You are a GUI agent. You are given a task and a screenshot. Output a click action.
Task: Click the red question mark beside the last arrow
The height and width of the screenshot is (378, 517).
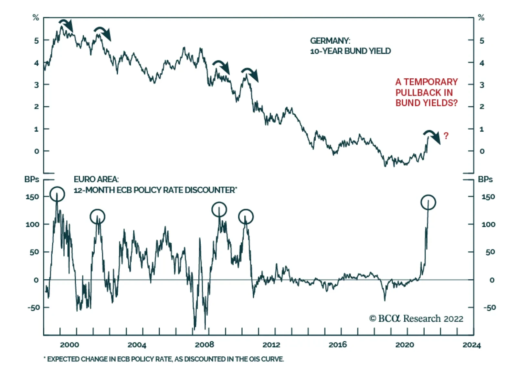(446, 136)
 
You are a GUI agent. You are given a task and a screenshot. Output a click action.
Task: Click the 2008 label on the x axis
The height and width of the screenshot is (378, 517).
(204, 345)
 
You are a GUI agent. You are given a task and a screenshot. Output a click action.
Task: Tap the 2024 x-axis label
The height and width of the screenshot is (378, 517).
(471, 345)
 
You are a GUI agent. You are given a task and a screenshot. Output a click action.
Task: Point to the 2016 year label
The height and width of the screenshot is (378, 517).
(338, 345)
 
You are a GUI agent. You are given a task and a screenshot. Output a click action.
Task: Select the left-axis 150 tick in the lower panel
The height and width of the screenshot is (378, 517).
(32, 197)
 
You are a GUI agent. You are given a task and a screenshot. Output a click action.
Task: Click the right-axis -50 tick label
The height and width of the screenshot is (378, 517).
(489, 307)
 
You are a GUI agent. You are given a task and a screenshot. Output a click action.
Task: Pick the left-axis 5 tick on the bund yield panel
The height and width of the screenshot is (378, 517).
(37, 41)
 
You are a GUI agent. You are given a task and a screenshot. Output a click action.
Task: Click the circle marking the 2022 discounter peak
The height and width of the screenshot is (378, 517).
(428, 202)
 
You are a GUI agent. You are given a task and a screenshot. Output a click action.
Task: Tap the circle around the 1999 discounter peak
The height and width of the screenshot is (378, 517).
(57, 194)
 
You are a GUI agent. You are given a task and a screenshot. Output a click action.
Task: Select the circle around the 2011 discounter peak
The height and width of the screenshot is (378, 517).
(246, 217)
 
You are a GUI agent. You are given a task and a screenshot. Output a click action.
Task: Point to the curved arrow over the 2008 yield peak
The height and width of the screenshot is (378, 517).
(221, 66)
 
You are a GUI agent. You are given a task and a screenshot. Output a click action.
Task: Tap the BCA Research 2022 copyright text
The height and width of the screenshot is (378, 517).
(416, 319)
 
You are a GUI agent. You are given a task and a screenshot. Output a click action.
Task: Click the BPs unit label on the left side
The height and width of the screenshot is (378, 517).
(31, 179)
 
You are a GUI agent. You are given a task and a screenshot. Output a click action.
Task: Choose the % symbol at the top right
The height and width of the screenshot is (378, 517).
(481, 18)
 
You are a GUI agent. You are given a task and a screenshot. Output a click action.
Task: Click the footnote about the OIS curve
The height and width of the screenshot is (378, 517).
(164, 359)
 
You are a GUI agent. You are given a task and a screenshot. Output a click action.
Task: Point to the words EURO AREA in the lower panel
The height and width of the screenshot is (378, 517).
(96, 179)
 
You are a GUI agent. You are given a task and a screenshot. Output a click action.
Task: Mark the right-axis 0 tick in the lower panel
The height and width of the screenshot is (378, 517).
(491, 280)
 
